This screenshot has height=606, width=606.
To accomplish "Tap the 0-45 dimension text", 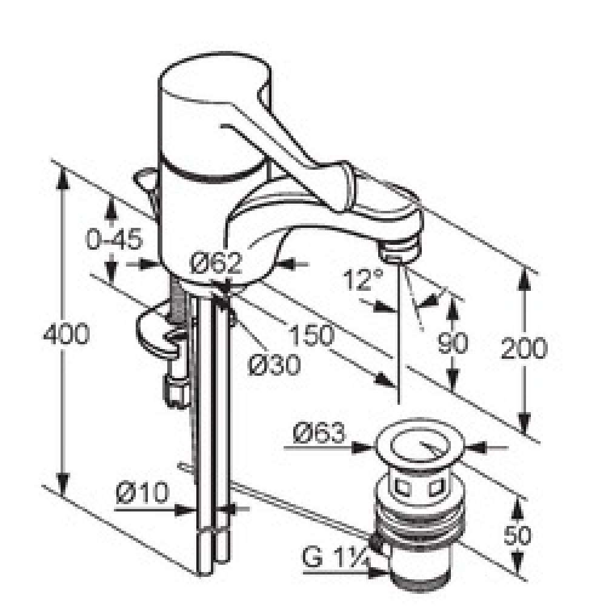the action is (114, 238).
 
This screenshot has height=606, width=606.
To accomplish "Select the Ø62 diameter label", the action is (216, 263).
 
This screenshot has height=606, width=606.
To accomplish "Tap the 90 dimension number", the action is (452, 342).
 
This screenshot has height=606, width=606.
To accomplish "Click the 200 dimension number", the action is (524, 348).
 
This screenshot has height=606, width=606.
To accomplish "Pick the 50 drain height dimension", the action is (518, 535).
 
